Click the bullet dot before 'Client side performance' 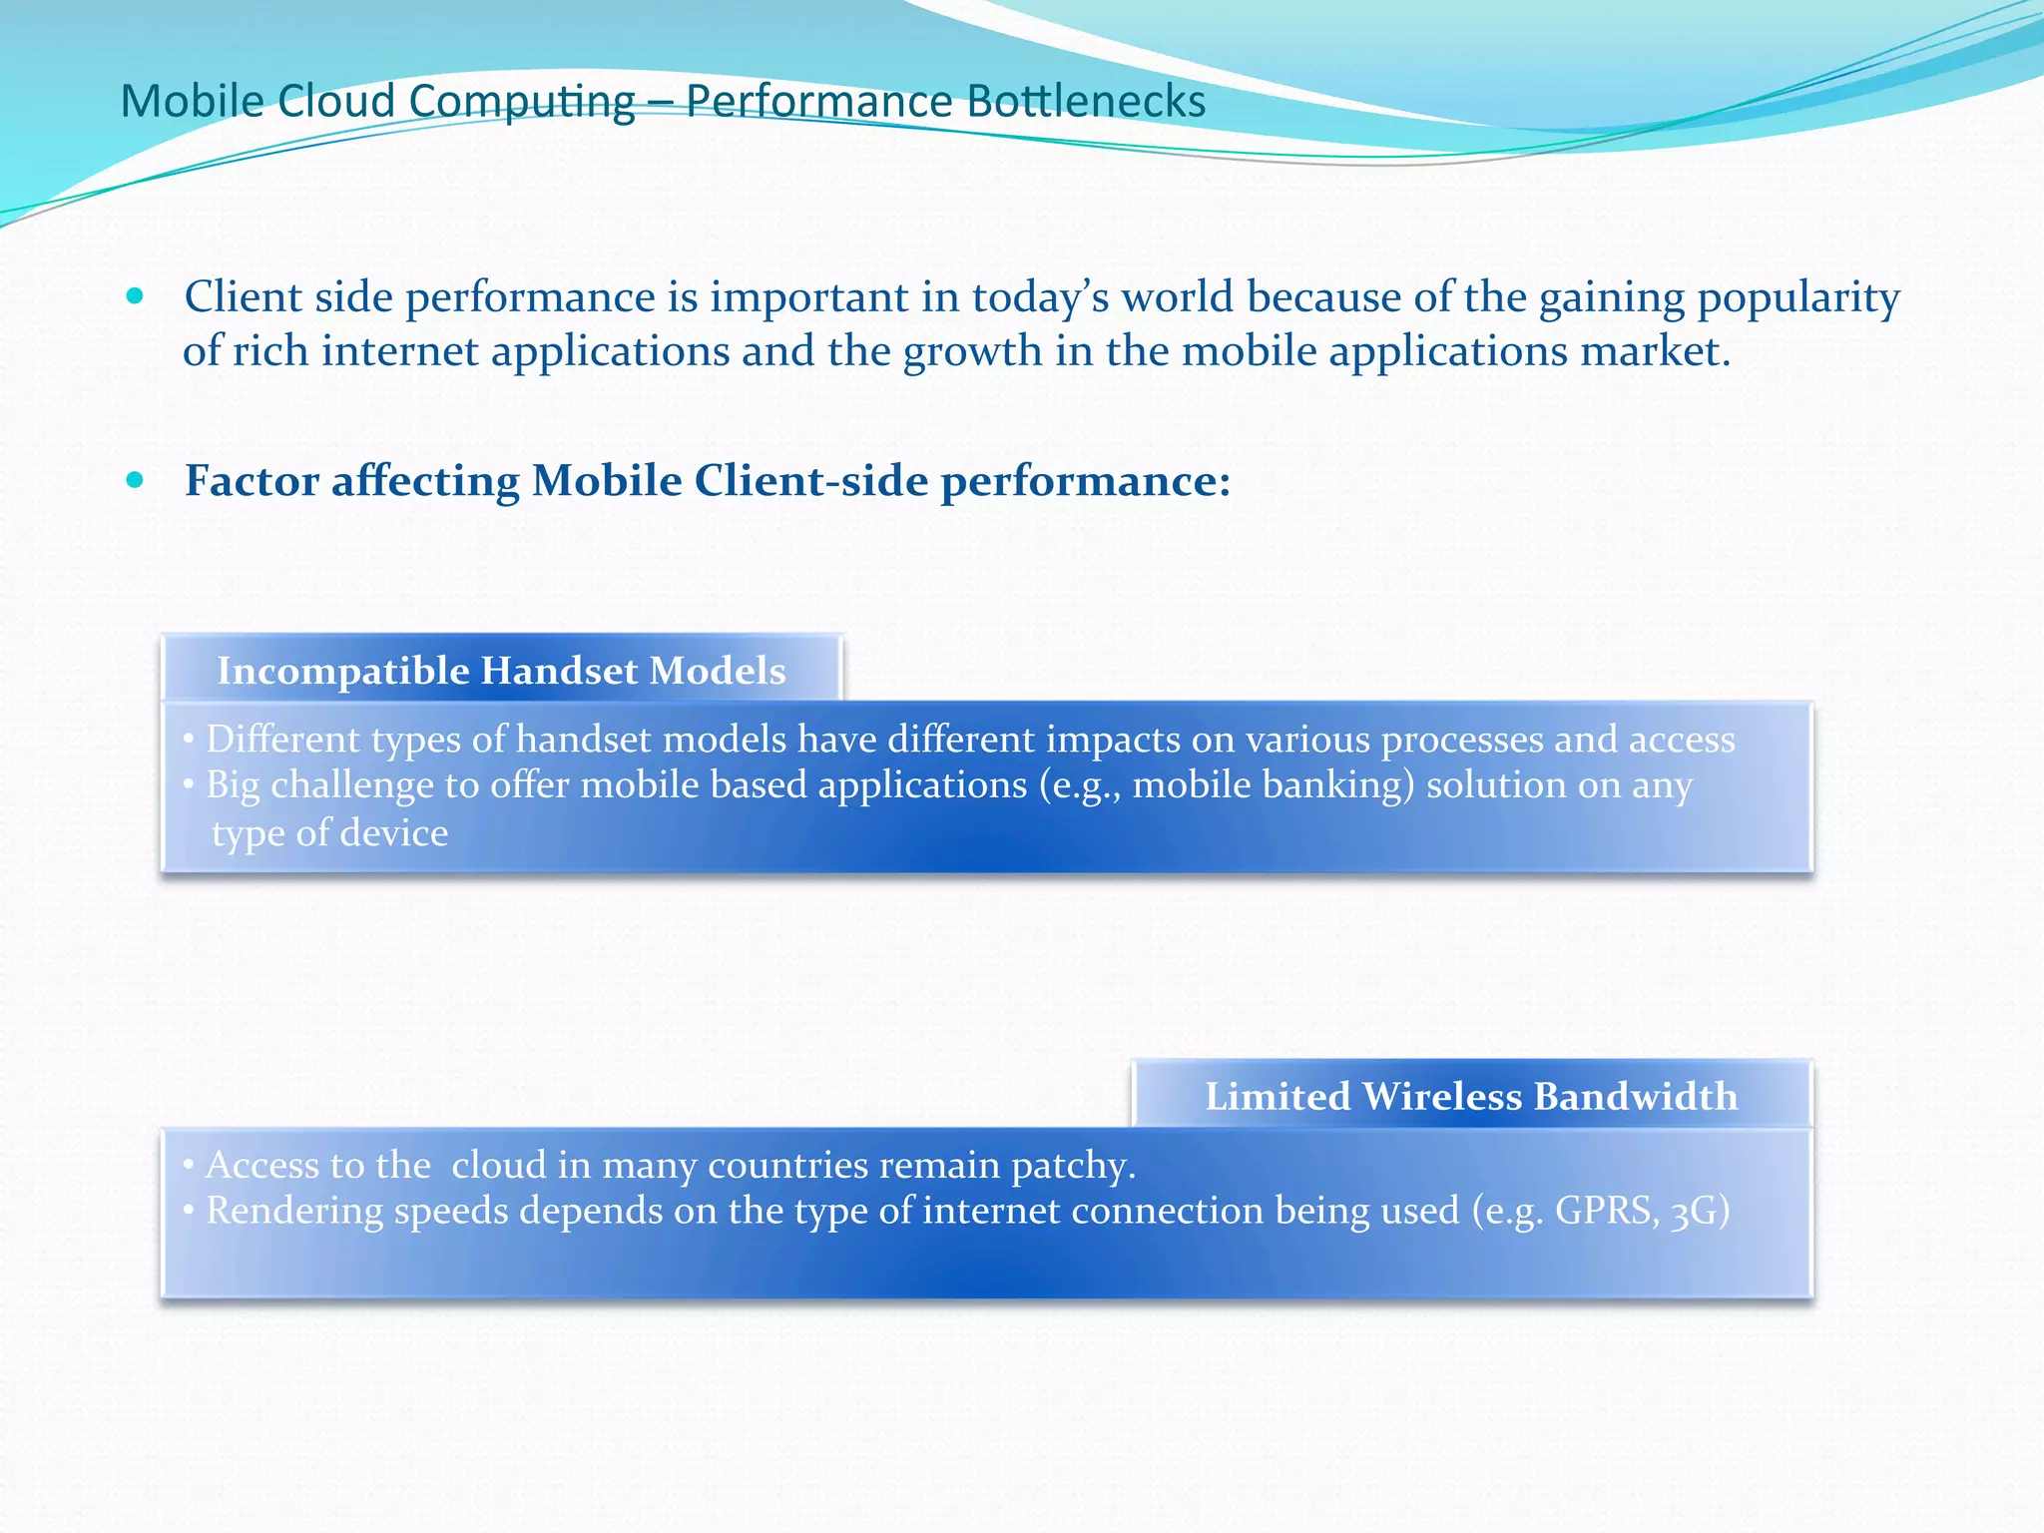tap(135, 296)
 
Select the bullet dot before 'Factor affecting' tap(135, 480)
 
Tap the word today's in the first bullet tap(1040, 298)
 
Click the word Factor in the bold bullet tap(252, 481)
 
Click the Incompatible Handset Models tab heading tap(502, 671)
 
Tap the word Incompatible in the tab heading tap(343, 671)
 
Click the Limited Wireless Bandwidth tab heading tap(1471, 1096)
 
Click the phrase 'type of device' tap(329, 833)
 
